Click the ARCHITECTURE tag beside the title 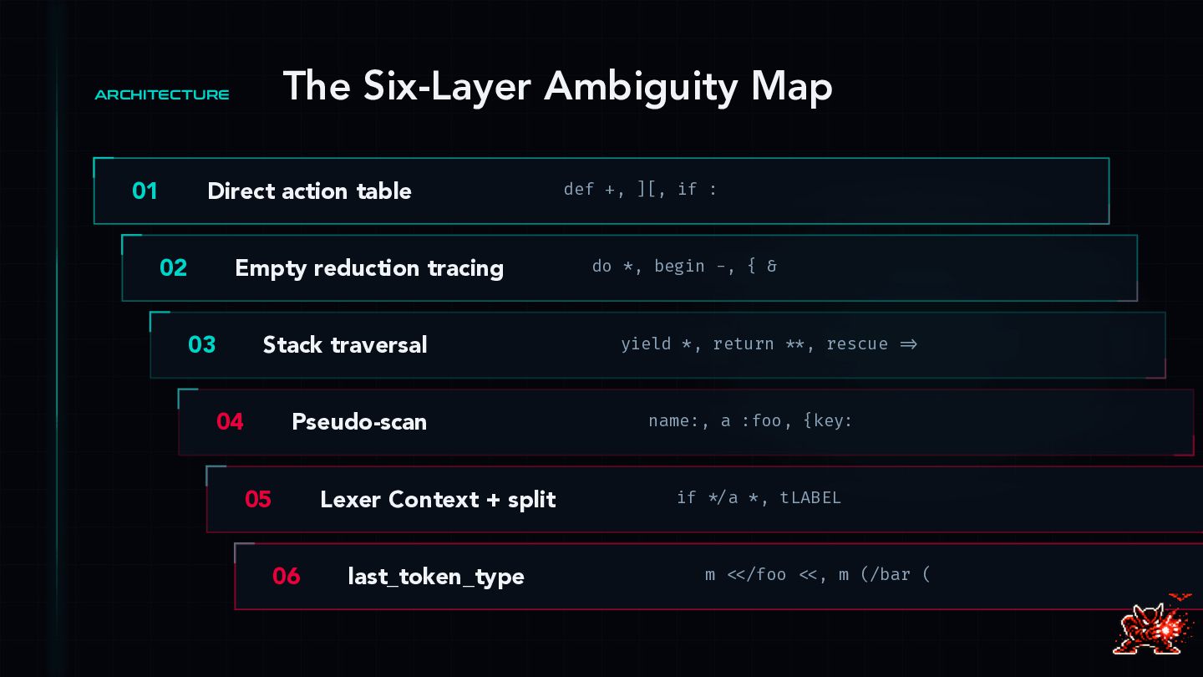[162, 95]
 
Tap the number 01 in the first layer [145, 191]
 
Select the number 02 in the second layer [173, 268]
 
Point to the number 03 [201, 345]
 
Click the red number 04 [230, 422]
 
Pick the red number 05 [258, 500]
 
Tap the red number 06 [286, 577]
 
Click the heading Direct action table [309, 191]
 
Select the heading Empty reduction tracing [368, 268]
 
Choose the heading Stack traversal [344, 345]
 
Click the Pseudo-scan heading [358, 422]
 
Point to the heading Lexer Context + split [438, 500]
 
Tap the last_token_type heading [435, 577]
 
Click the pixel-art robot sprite [1155, 624]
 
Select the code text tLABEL [810, 498]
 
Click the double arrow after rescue [908, 344]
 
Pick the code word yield [646, 344]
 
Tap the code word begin [679, 267]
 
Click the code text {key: [827, 421]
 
